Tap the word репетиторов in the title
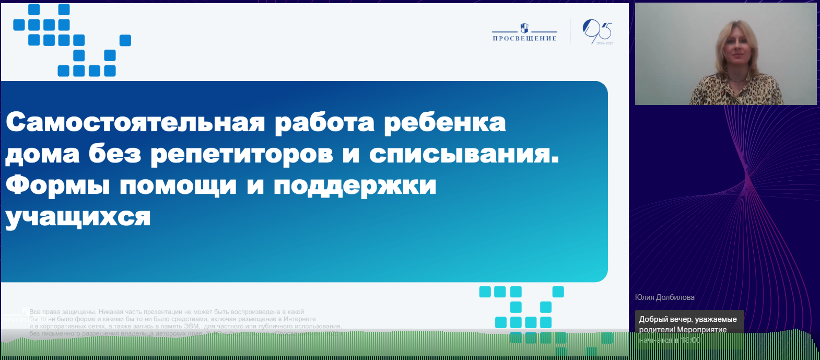point(241,155)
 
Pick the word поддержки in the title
point(355,186)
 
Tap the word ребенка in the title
point(444,122)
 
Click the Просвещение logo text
point(524,38)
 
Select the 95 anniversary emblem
point(597,32)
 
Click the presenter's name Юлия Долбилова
point(664,297)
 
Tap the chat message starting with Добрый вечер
point(687,324)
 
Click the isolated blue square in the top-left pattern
point(125,40)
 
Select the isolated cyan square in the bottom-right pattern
point(558,292)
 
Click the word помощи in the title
point(178,186)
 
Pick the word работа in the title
point(324,122)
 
